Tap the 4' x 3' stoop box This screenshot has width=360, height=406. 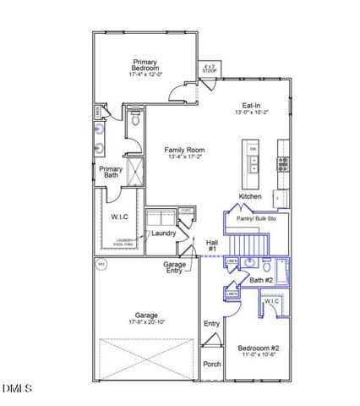209,69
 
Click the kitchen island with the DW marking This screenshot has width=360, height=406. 252,164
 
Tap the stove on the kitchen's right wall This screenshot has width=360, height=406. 283,161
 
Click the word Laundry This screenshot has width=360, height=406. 163,233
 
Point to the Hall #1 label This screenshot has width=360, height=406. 212,246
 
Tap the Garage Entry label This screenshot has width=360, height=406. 175,269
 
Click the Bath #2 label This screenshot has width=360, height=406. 260,280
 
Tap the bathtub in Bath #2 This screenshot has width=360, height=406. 281,272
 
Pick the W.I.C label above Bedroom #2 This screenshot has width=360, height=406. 272,301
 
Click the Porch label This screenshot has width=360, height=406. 211,365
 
